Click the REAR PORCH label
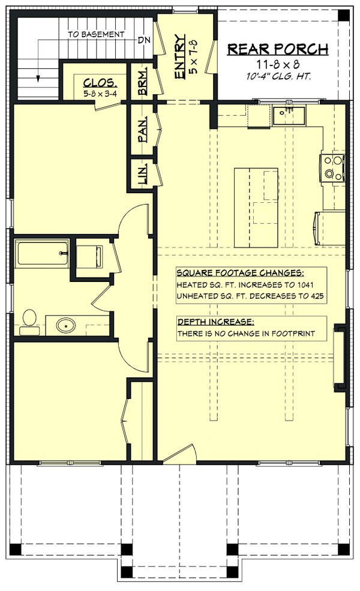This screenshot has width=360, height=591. point(277,49)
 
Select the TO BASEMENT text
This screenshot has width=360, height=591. point(96,35)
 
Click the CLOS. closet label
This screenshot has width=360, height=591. point(96,83)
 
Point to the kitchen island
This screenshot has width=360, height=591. point(256,208)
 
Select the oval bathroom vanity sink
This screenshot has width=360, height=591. point(65,326)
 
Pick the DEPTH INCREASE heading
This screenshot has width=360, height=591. point(208,321)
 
